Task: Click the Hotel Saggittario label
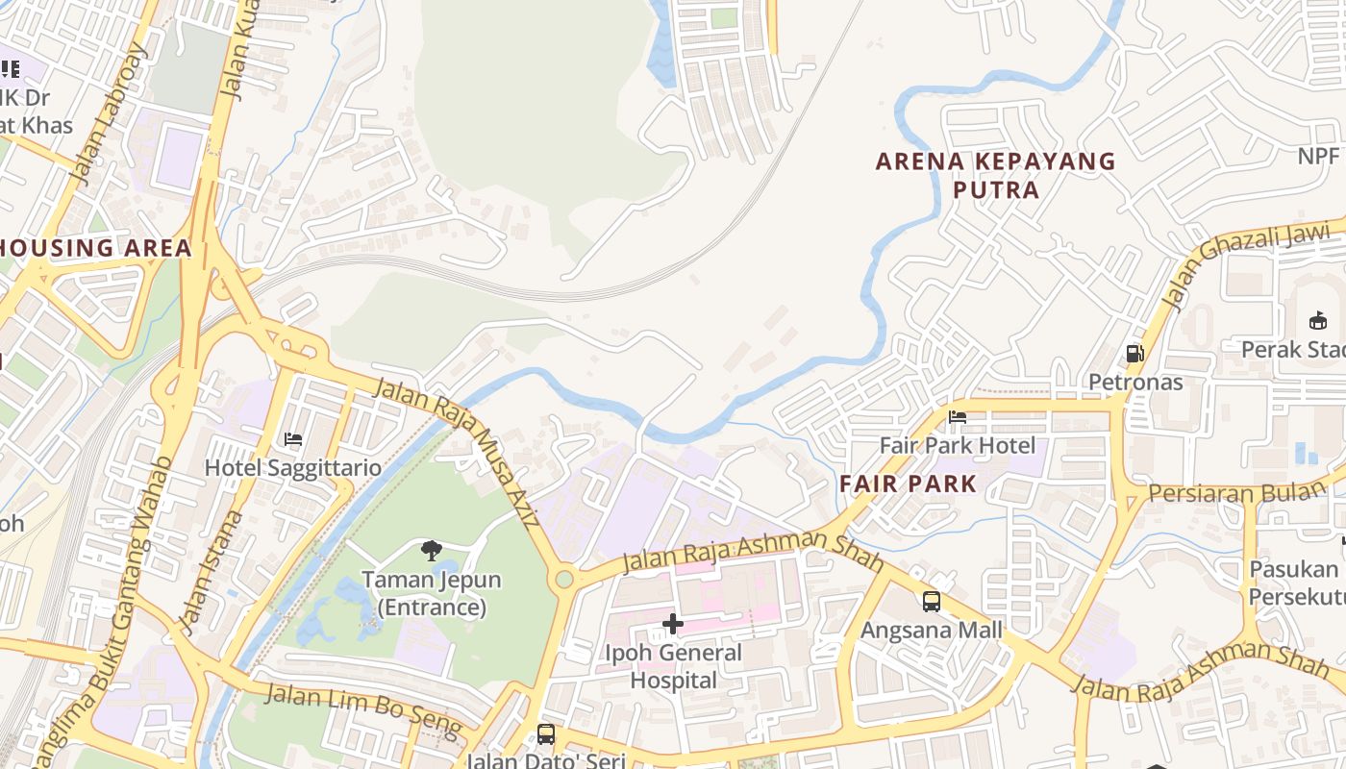(292, 468)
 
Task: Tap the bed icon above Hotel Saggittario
(293, 439)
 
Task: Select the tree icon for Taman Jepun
(432, 551)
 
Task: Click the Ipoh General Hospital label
(673, 666)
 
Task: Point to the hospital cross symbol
(673, 625)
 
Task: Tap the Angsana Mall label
(931, 631)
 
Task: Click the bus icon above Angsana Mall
(931, 602)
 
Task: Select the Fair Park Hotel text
(958, 446)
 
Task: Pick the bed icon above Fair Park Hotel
(958, 417)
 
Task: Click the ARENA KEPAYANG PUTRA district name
(996, 175)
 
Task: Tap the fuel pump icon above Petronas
(1135, 353)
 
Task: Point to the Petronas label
(1135, 382)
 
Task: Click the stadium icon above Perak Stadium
(1317, 320)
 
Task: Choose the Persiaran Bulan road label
(1236, 493)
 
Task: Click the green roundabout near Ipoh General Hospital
(564, 579)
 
